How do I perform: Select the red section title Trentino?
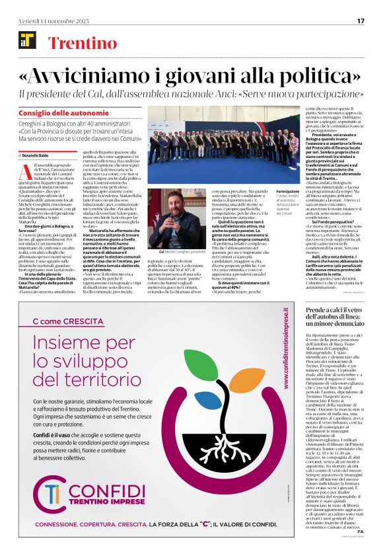[x=83, y=44]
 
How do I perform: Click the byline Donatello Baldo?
[x=41, y=154]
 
